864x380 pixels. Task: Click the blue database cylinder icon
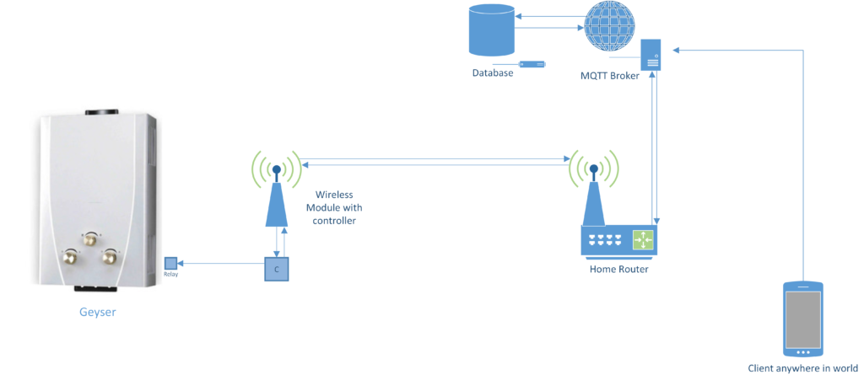point(490,29)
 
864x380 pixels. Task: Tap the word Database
point(492,73)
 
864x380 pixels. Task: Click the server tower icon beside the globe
point(650,56)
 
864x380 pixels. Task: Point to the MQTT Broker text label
point(611,76)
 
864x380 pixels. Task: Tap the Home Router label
point(618,270)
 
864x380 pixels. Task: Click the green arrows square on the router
point(643,239)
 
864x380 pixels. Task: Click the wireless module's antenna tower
point(277,198)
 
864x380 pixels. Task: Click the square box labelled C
point(276,270)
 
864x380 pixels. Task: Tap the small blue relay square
point(170,263)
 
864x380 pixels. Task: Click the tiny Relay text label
point(170,275)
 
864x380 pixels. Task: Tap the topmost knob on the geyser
point(89,240)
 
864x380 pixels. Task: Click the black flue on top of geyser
point(101,111)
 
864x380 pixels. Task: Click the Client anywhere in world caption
point(802,369)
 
